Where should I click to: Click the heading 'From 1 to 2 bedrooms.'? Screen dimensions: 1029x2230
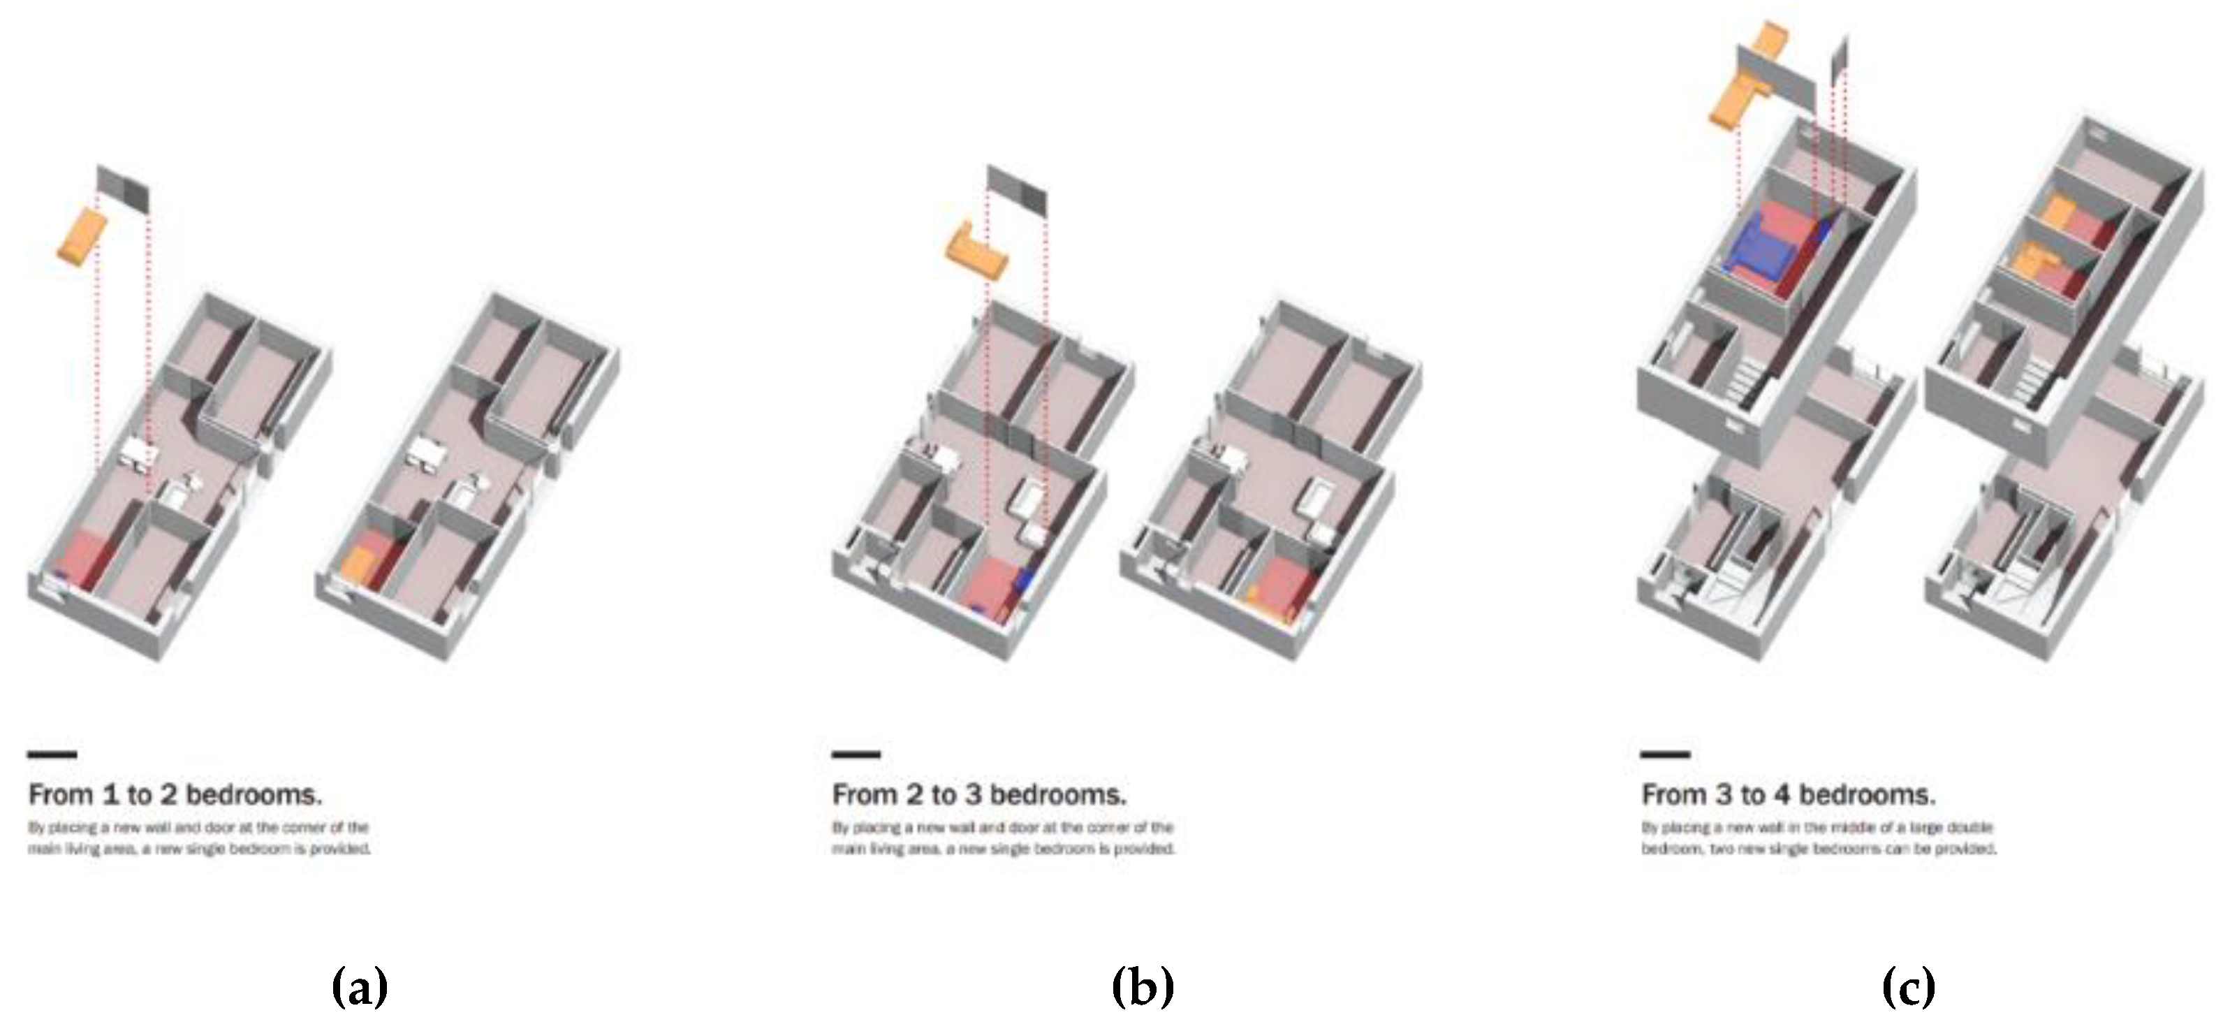coord(175,794)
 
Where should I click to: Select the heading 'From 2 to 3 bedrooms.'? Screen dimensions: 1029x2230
coord(979,794)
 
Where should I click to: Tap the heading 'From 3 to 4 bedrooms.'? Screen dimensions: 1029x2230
coord(1789,794)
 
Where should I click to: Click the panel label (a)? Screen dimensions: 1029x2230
coord(359,986)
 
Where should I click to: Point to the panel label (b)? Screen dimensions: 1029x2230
coord(1142,986)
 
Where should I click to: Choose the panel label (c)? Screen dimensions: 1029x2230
coord(1908,986)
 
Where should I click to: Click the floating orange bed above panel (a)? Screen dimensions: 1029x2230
coord(82,235)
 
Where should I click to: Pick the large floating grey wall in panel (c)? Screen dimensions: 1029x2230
coord(1775,87)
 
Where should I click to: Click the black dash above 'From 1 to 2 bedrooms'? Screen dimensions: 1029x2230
coord(52,754)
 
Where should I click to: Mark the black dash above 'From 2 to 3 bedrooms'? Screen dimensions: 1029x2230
coord(856,754)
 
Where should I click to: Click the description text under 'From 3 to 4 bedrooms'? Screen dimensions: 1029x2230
coord(1818,838)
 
